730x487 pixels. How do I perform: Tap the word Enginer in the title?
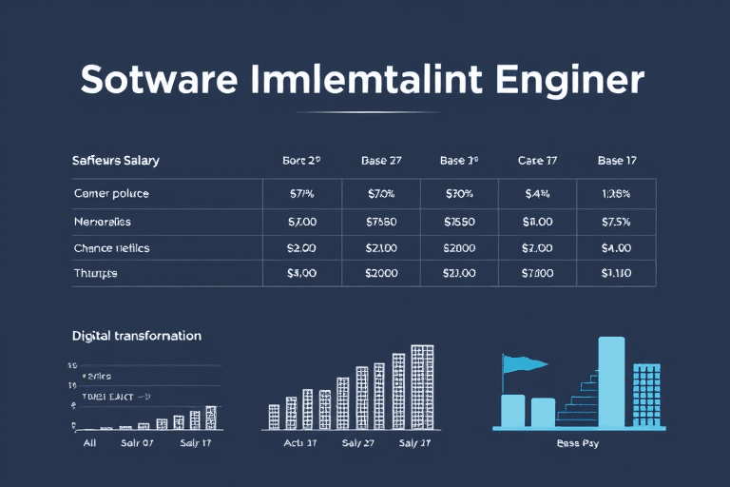click(x=567, y=80)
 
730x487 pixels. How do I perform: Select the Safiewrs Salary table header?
click(x=115, y=161)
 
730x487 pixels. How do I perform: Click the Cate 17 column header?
click(x=536, y=161)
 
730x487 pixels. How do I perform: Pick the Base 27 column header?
click(x=381, y=161)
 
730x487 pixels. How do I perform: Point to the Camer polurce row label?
click(x=111, y=194)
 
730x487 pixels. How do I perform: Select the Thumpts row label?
click(x=96, y=273)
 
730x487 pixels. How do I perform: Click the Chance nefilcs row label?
click(x=111, y=247)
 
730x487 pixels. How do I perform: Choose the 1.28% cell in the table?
click(x=615, y=194)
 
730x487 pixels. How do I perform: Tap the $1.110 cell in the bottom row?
click(x=615, y=273)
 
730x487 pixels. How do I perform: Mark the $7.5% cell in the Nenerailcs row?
click(x=615, y=221)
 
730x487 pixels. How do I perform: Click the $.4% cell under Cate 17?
click(x=537, y=194)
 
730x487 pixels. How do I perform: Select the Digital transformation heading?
click(x=136, y=336)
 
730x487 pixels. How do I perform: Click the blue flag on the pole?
click(x=527, y=363)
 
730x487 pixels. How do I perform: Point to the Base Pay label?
click(x=575, y=443)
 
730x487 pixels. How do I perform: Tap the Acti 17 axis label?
click(x=299, y=443)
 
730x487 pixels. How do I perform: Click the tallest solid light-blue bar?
click(x=611, y=380)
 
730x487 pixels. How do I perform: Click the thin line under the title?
click(x=364, y=112)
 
